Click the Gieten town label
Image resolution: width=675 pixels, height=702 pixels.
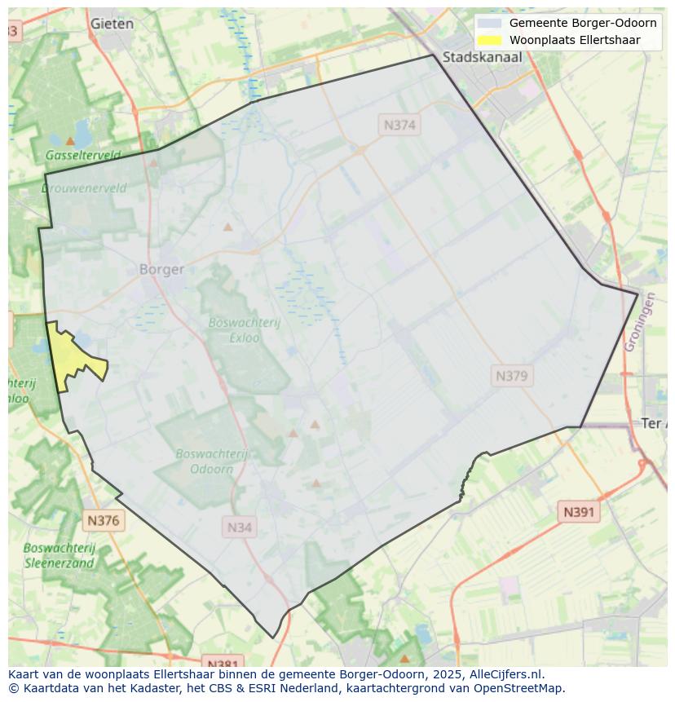tap(112, 24)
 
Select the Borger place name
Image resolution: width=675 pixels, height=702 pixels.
tap(161, 269)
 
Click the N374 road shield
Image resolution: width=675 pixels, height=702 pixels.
tap(399, 125)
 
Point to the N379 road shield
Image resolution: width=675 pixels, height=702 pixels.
tap(512, 376)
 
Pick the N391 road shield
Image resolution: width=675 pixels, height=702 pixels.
tap(579, 512)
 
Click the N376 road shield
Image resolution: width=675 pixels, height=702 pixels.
tap(104, 520)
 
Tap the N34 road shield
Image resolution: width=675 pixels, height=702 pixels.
tap(240, 527)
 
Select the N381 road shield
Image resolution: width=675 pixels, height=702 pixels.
tap(222, 664)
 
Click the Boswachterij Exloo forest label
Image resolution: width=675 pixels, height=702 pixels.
tap(244, 329)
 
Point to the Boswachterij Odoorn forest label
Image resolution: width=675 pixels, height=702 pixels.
tap(212, 461)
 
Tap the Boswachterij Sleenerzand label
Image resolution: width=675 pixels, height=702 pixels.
tap(59, 555)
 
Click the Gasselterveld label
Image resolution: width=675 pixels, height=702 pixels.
tap(83, 155)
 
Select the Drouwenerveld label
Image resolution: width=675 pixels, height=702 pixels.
tap(84, 188)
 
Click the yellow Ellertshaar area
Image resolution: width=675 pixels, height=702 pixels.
tap(73, 355)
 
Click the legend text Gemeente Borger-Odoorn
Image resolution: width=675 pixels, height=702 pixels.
tap(583, 23)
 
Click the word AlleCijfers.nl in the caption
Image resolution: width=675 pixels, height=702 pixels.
tap(505, 674)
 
